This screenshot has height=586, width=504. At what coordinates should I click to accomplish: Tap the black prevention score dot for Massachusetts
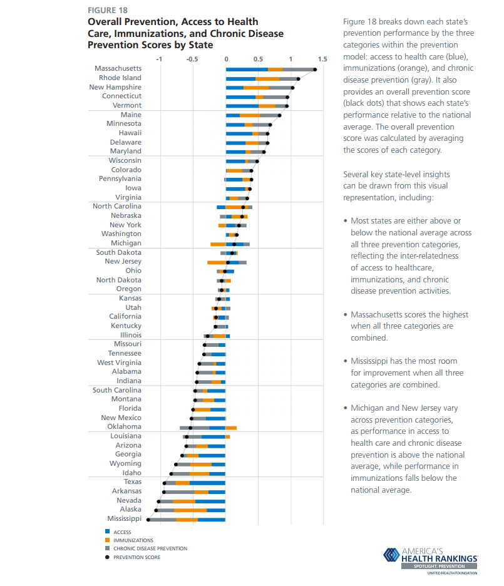point(315,69)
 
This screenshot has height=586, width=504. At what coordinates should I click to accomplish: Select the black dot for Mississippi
point(148,519)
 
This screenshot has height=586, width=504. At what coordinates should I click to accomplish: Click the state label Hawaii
point(130,133)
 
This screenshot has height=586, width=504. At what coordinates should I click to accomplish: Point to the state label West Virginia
point(119,362)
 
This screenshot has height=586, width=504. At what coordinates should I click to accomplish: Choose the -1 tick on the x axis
point(158,59)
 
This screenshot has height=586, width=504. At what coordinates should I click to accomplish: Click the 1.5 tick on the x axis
point(322,59)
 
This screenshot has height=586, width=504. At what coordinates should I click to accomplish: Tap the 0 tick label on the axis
point(226,59)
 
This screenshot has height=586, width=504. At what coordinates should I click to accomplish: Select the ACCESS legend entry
point(122,532)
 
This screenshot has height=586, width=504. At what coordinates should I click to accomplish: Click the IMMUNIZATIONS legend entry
point(133,540)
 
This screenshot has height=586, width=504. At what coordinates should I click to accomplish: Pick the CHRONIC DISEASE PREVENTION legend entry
point(150,548)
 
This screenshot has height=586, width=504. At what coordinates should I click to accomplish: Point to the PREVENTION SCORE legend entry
point(136,557)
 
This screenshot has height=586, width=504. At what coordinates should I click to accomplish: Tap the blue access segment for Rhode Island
point(240,79)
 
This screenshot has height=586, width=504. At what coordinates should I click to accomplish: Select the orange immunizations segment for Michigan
point(218,244)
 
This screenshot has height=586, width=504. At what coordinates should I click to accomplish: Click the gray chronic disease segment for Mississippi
point(163,519)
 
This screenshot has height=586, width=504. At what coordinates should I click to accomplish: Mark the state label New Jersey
point(123,262)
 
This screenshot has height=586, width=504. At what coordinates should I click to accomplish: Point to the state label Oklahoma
point(124,427)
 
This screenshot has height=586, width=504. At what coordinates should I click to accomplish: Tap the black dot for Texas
point(165,483)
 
